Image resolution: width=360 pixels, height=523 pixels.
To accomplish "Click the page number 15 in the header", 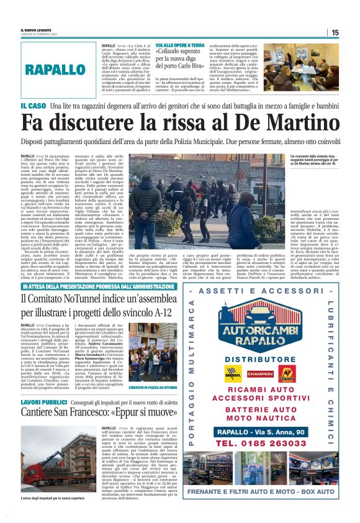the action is point(335,32).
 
